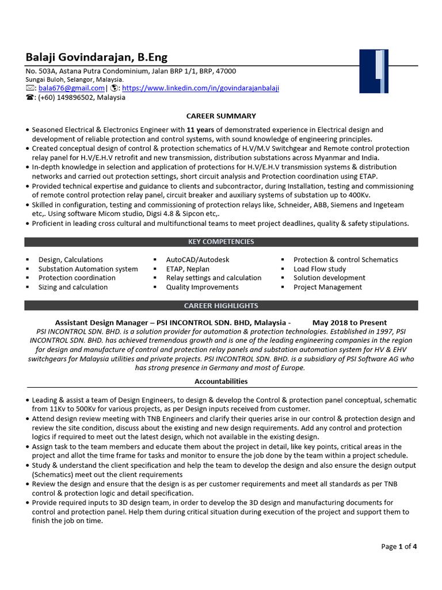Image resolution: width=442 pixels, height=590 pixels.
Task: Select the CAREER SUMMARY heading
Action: pos(221,116)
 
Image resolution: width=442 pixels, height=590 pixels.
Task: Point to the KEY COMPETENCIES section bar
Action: pos(221,242)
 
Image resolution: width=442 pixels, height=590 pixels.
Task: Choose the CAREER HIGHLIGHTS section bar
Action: pos(221,305)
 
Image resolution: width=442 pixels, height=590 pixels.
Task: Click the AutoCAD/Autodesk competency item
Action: pos(197,260)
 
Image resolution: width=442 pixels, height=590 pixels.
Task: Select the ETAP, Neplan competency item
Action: pos(188,269)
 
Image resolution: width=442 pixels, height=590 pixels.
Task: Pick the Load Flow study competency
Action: pos(319,269)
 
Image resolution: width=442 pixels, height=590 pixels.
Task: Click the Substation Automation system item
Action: pos(88,269)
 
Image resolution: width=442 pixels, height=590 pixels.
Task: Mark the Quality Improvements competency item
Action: pos(202,287)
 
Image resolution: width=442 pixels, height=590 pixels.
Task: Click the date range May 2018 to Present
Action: pos(349,323)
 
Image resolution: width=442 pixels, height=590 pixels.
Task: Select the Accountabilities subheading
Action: pos(221,381)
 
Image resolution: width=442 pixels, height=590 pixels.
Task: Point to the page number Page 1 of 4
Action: pos(399,546)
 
